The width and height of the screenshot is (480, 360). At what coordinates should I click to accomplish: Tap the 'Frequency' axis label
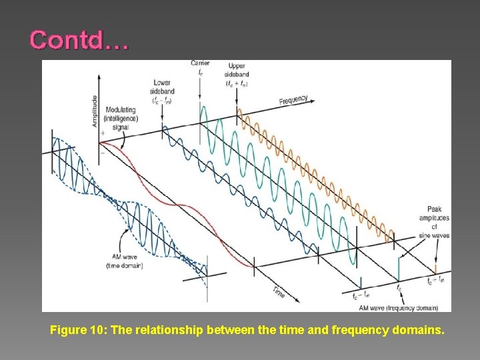293,101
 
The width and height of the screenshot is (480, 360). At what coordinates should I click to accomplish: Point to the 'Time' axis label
279,291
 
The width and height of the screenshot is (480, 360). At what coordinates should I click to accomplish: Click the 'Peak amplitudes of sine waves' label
434,222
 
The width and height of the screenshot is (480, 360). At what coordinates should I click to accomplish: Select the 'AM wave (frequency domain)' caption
398,308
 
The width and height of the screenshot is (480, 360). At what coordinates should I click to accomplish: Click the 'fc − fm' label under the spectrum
361,295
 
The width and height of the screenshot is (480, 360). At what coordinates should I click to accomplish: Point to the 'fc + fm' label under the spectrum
436,281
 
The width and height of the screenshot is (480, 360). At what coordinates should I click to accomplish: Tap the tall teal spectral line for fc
399,269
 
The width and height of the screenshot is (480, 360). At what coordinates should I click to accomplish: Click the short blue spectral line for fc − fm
361,282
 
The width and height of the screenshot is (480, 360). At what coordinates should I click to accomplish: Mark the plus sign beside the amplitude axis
103,133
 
